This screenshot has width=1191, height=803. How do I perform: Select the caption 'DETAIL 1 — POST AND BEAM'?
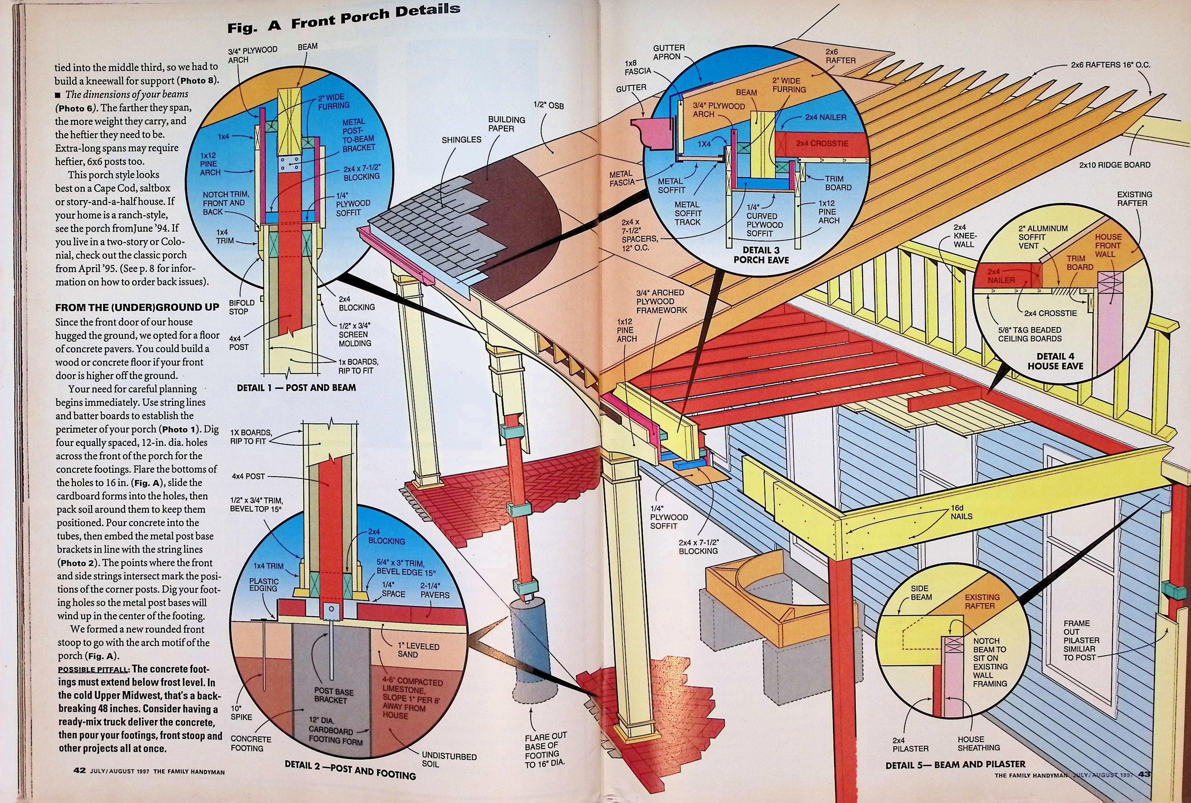[296, 388]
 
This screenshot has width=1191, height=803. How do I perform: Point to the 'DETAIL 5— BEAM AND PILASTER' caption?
[955, 765]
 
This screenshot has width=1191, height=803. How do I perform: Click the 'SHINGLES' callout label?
[461, 140]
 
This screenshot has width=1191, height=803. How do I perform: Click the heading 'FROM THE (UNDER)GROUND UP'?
[137, 307]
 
